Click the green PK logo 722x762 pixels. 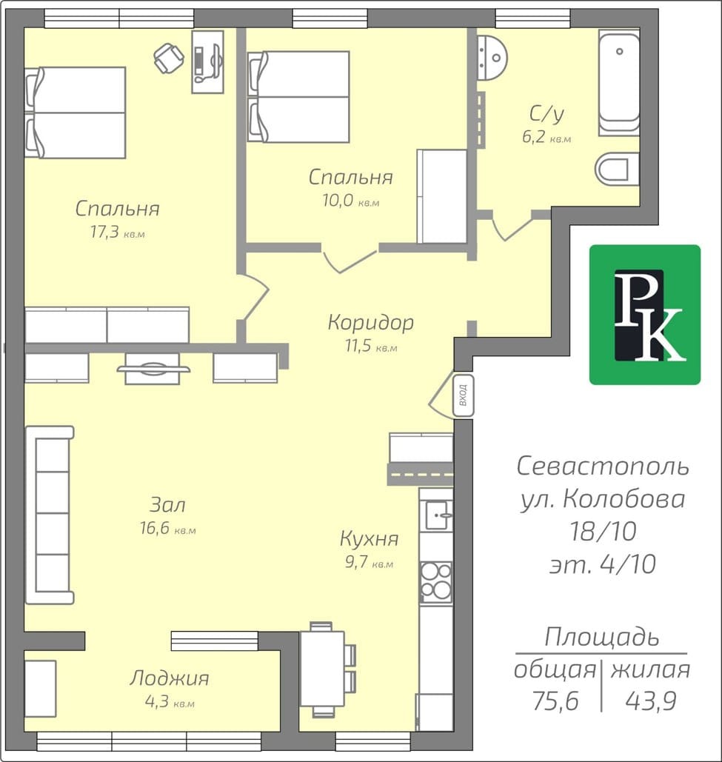click(x=645, y=315)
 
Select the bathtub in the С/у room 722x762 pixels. click(x=618, y=83)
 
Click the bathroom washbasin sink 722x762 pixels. click(x=492, y=58)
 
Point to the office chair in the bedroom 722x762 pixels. click(x=169, y=58)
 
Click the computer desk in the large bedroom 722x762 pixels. click(x=208, y=61)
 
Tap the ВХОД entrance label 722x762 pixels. click(x=463, y=395)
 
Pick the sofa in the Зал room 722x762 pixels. click(x=49, y=515)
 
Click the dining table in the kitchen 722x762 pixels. click(x=323, y=669)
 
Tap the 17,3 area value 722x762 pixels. click(x=104, y=233)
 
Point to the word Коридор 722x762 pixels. click(x=371, y=322)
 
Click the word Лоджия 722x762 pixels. click(x=169, y=678)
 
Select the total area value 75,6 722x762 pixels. click(x=555, y=701)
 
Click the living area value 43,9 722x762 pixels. click(x=651, y=701)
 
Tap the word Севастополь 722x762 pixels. click(x=603, y=466)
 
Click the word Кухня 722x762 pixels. click(x=370, y=538)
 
